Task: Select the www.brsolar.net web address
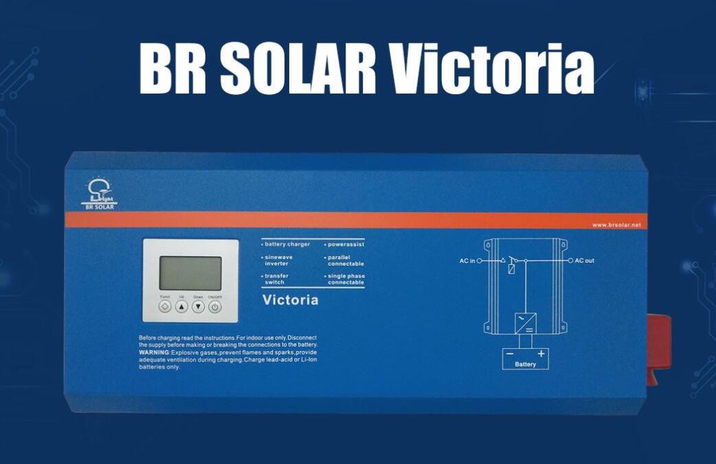point(616,225)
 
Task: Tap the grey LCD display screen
point(190,273)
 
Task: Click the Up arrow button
point(181,307)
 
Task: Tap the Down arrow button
point(198,307)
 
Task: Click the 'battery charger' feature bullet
point(287,244)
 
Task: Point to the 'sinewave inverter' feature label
point(278,261)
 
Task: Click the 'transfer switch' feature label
point(276,279)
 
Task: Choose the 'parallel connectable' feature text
point(346,261)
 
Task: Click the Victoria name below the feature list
point(291,300)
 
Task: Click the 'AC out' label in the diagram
point(585,261)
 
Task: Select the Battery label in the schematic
point(525,364)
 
